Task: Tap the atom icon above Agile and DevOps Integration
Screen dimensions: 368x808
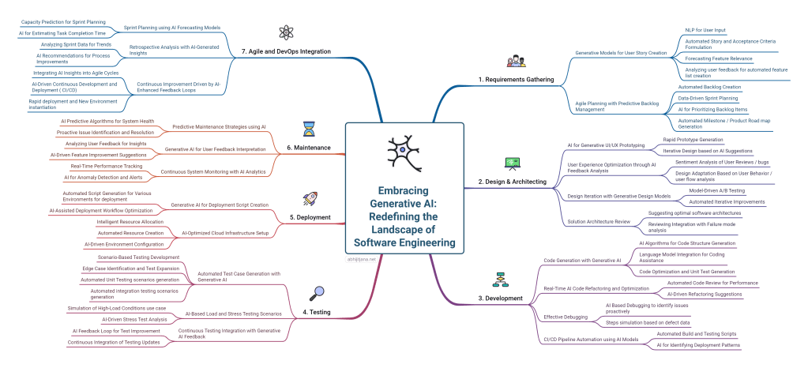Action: pos(286,32)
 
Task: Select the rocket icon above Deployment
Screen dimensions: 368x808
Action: pos(309,198)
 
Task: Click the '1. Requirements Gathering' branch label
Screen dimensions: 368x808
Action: pos(518,80)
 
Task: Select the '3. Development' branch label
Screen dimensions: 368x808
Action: pos(501,299)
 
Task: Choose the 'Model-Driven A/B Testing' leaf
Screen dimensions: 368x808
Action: pos(717,190)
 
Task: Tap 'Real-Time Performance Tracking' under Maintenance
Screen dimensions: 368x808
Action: pos(106,166)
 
